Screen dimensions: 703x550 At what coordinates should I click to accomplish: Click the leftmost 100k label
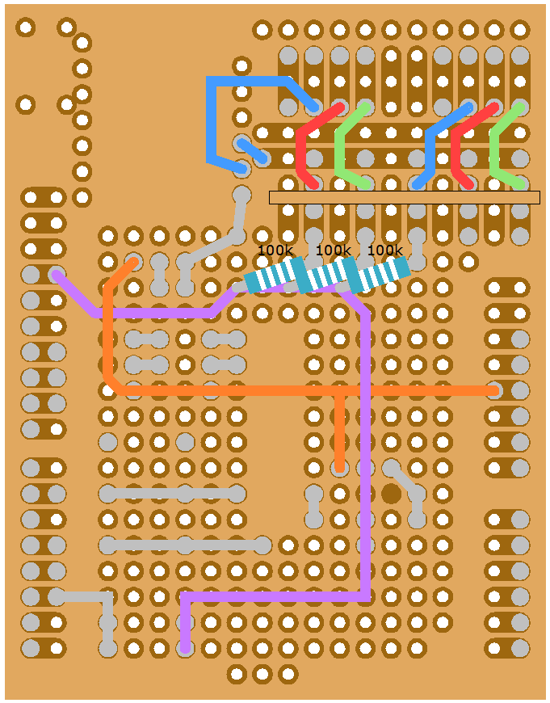[x=275, y=250]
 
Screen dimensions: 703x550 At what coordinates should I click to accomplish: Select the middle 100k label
[x=333, y=250]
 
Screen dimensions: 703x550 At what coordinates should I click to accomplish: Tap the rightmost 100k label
[x=384, y=250]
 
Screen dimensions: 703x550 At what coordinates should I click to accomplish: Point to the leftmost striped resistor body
[x=275, y=275]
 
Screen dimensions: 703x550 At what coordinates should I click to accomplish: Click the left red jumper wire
[x=300, y=149]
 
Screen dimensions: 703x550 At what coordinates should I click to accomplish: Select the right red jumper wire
[x=456, y=149]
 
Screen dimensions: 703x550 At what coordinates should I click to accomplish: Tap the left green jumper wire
[x=339, y=149]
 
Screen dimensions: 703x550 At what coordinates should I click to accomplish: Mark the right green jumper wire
[x=494, y=149]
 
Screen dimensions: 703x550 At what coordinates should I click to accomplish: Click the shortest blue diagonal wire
[x=252, y=150]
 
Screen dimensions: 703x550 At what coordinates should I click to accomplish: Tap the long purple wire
[x=366, y=453]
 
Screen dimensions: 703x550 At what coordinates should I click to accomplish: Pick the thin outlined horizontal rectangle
[x=404, y=197]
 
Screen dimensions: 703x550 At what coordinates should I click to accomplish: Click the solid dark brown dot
[x=392, y=493]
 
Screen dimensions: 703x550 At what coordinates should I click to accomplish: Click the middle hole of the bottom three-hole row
[x=262, y=674]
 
